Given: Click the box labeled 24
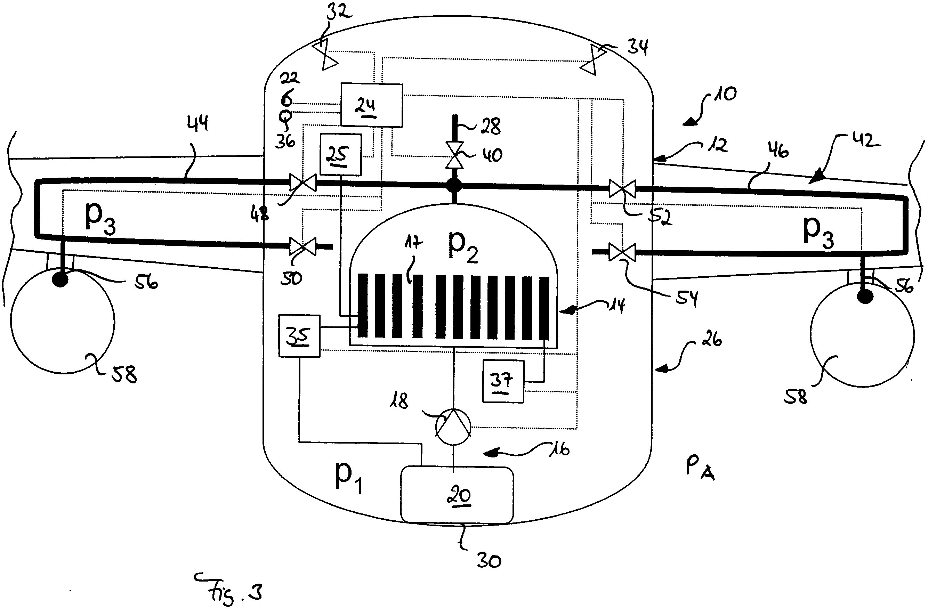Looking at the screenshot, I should (x=371, y=105).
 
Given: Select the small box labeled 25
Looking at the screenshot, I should (x=340, y=154).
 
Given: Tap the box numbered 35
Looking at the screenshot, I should (x=299, y=336).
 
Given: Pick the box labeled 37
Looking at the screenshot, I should (x=503, y=381).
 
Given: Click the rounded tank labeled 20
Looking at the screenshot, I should (x=457, y=495).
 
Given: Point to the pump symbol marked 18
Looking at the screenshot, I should (x=453, y=427).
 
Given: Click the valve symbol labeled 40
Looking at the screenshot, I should (x=454, y=155).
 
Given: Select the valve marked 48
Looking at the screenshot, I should (x=303, y=182).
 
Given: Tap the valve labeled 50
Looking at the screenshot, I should (x=303, y=246).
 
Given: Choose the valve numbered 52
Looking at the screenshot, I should (x=622, y=189).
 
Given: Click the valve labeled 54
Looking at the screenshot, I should (x=622, y=252).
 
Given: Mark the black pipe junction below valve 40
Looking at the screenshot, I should (x=454, y=186).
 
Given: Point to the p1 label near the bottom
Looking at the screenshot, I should (x=348, y=478).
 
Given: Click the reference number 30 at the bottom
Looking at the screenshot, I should (x=489, y=561).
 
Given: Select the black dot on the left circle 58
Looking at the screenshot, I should (x=60, y=279).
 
